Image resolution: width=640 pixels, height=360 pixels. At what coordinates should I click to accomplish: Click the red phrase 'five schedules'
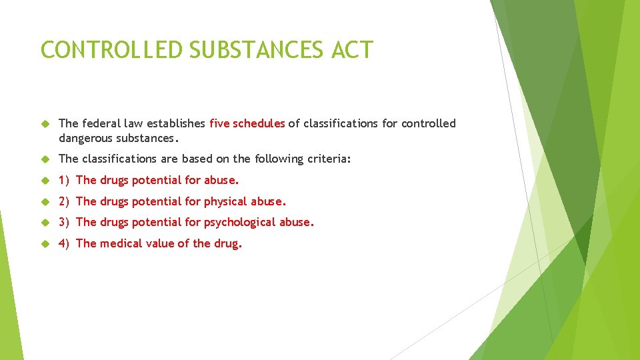(247, 123)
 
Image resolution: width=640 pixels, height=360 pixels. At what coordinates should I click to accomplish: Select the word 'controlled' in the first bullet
(429, 123)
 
